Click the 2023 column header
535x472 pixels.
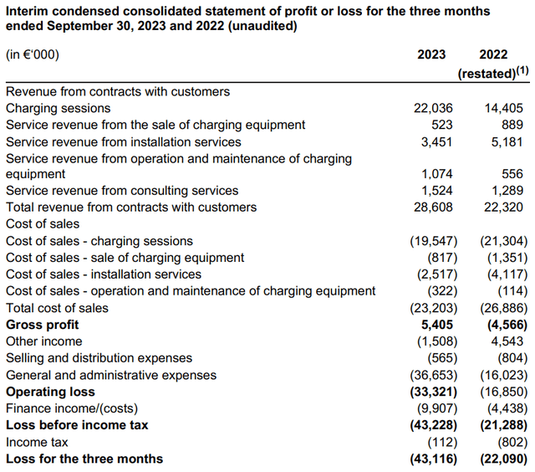pos(431,54)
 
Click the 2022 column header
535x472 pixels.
pos(493,54)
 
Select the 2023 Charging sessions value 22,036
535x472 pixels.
pos(433,108)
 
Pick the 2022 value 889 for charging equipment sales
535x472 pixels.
pos(512,125)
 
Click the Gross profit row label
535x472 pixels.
pos(43,325)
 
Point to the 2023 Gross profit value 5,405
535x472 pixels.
pos(437,325)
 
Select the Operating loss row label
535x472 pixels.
pos(50,392)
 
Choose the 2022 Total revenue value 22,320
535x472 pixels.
pos(503,208)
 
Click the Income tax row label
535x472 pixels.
pos(37,442)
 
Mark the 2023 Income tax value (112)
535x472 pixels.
pos(442,442)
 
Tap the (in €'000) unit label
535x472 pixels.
pos(33,54)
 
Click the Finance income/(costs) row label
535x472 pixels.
pos(72,408)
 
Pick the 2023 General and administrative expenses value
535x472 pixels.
pos(433,375)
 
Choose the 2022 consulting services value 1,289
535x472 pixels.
pos(507,191)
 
